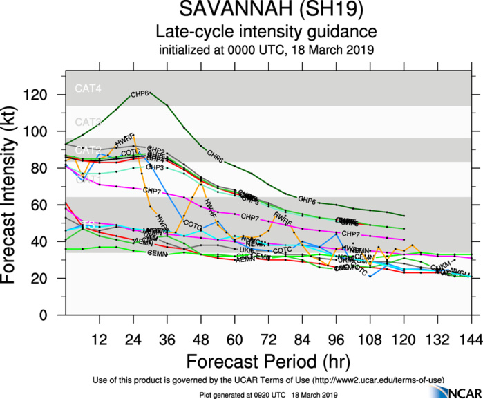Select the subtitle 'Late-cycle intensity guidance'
pyautogui.click(x=266, y=32)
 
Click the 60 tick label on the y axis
pyautogui.click(x=49, y=205)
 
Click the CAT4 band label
pyautogui.click(x=88, y=89)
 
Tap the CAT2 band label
pyautogui.click(x=88, y=150)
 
